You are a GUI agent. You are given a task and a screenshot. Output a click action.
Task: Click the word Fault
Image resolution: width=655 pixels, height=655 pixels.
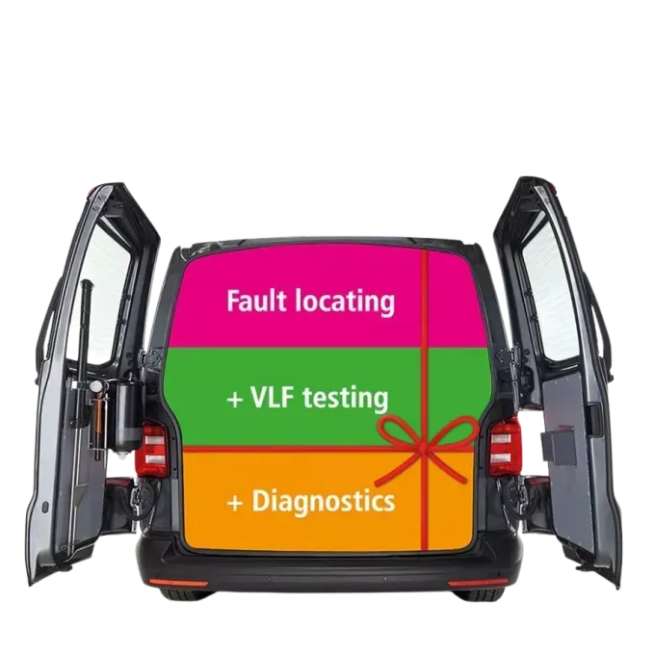pyautogui.click(x=255, y=301)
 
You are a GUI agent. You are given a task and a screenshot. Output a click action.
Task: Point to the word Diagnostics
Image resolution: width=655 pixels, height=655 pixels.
pyautogui.click(x=323, y=501)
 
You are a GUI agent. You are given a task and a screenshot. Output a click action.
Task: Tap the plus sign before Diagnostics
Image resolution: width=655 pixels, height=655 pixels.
pyautogui.click(x=234, y=502)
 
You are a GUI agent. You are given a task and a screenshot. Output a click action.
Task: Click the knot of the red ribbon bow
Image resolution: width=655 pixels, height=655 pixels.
pyautogui.click(x=428, y=445)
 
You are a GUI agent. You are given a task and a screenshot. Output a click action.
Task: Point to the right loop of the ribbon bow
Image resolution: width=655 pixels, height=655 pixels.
pyautogui.click(x=457, y=431)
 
